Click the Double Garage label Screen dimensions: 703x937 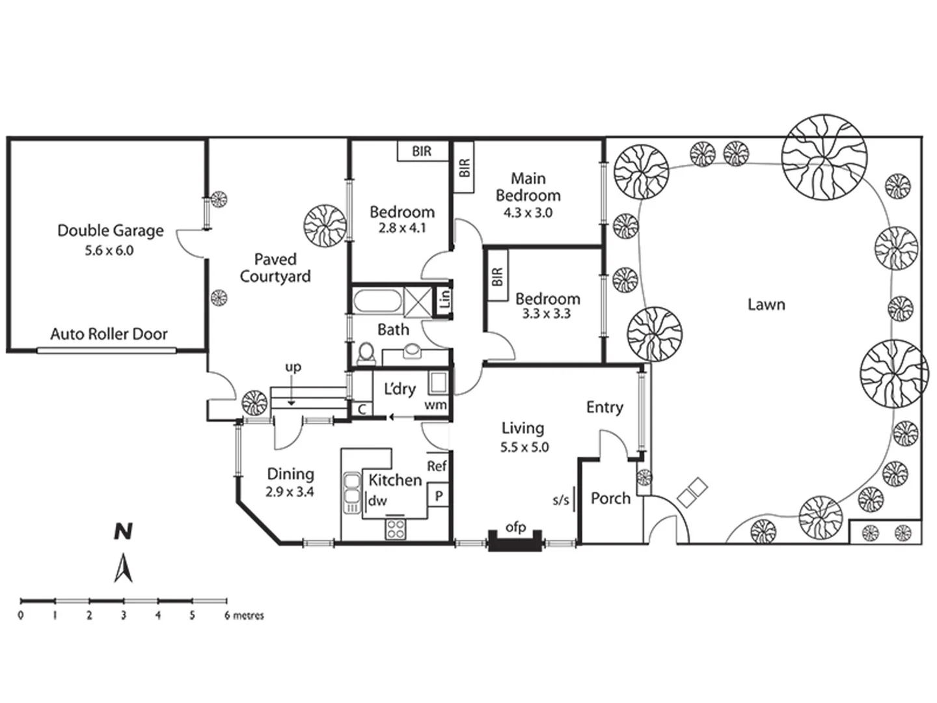click(x=110, y=230)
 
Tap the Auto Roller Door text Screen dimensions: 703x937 click(x=109, y=334)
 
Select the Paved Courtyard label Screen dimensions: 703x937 click(x=275, y=268)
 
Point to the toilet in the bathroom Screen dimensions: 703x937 click(x=366, y=354)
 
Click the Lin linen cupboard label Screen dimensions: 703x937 click(x=444, y=299)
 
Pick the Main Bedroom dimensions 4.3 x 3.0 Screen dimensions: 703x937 click(x=528, y=213)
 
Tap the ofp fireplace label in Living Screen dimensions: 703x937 click(x=515, y=527)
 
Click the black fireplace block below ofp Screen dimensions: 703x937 click(x=515, y=542)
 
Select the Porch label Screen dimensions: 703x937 click(x=610, y=499)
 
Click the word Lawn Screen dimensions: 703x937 click(x=766, y=305)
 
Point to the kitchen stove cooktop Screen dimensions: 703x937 click(x=396, y=529)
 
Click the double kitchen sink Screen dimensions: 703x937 click(x=351, y=492)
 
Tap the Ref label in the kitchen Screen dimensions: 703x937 click(x=437, y=466)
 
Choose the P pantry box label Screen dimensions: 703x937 click(x=439, y=496)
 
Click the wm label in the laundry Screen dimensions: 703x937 click(x=435, y=405)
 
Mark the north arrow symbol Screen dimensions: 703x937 click(x=124, y=568)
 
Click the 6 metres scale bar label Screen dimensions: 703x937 click(x=244, y=616)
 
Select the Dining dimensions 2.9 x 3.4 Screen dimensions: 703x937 click(x=290, y=492)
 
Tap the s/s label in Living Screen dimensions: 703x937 click(x=560, y=500)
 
